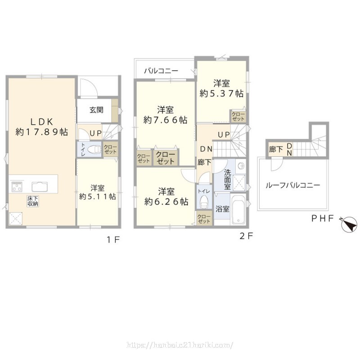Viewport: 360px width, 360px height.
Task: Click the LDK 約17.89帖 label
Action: click(x=41, y=126)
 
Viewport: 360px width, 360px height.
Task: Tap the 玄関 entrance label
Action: click(x=96, y=110)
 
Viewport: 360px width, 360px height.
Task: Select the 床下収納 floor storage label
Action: click(x=32, y=201)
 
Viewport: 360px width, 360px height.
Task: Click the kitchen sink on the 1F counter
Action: click(x=40, y=186)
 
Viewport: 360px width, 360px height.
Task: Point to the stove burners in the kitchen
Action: click(x=17, y=187)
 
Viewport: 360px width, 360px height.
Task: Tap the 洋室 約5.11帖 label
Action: click(x=98, y=192)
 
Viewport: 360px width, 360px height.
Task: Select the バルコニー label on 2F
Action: click(x=161, y=71)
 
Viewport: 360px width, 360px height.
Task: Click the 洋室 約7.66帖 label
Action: click(x=165, y=115)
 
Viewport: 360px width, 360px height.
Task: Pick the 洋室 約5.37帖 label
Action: click(x=221, y=89)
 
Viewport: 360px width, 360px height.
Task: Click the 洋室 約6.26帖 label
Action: click(x=166, y=197)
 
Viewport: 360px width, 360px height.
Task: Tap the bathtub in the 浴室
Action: click(x=238, y=209)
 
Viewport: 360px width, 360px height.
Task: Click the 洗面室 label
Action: click(x=227, y=179)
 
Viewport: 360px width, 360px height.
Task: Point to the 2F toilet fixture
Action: click(x=203, y=202)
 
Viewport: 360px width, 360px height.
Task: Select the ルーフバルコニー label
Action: click(x=293, y=185)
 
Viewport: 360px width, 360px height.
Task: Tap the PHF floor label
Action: click(x=322, y=219)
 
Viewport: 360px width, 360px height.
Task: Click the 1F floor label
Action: click(x=113, y=240)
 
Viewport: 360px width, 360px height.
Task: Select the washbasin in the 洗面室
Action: click(x=241, y=166)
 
